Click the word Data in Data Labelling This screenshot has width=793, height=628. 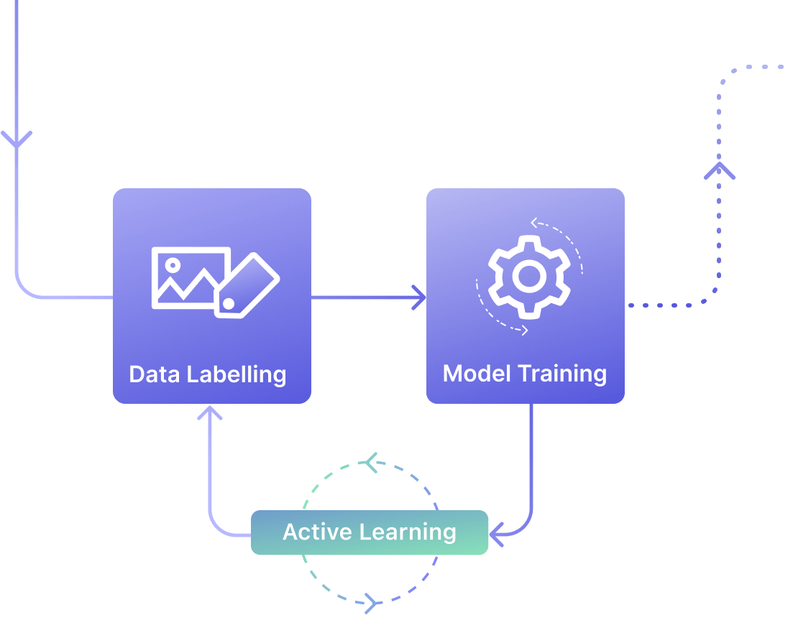tap(155, 374)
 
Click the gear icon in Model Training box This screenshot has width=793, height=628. tap(529, 277)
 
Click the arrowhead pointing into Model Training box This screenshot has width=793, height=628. tap(419, 297)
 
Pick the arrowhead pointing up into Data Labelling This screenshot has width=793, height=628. tap(210, 413)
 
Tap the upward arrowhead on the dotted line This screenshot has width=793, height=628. tap(719, 171)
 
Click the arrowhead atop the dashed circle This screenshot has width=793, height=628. tap(370, 462)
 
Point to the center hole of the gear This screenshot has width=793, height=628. tap(529, 277)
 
